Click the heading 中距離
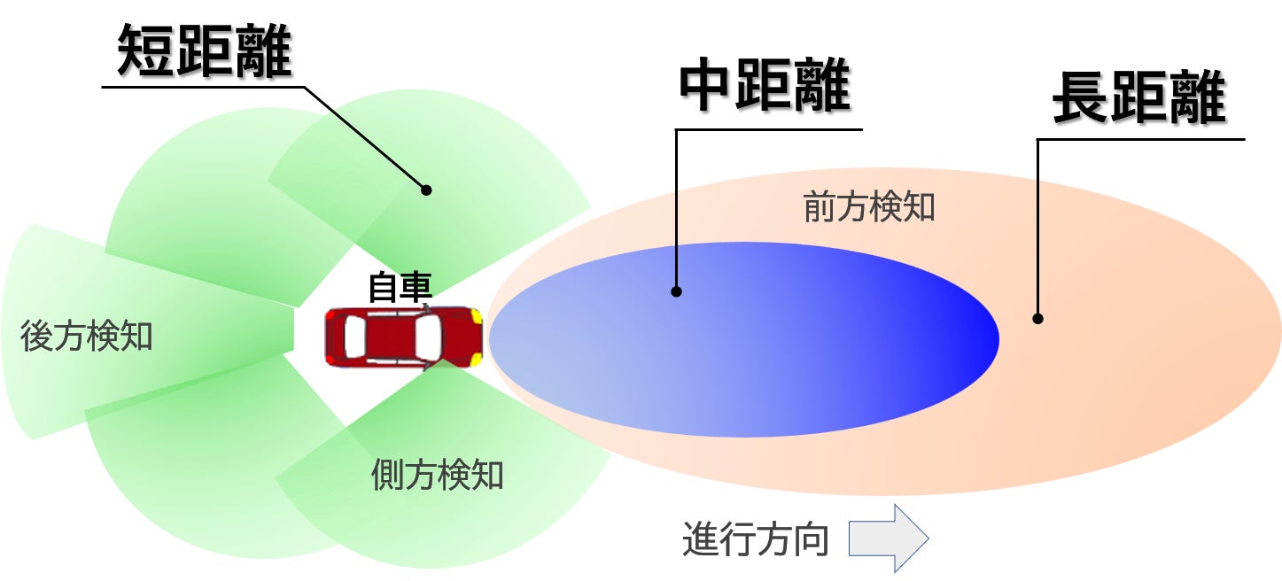764,87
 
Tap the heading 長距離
1138,100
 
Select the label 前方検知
869,207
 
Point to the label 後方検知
87,337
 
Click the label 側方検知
437,476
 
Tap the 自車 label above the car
400,289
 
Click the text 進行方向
756,539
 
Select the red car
404,337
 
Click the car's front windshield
426,337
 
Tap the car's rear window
354,337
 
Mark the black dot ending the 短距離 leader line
426,190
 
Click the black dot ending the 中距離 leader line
676,291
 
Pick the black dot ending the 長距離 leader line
1037,319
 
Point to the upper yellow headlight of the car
477,316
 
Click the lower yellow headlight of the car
477,359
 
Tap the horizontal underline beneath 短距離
204,87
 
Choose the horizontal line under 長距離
1141,139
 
